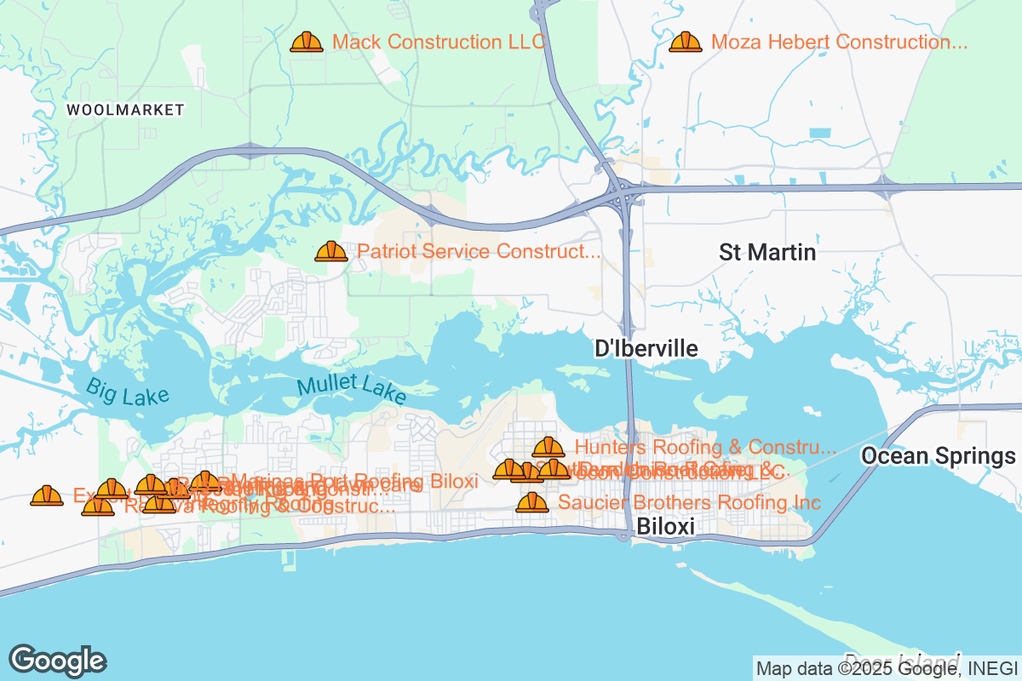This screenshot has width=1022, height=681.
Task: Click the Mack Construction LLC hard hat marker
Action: [x=307, y=43]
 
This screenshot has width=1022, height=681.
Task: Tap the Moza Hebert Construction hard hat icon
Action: [x=686, y=43]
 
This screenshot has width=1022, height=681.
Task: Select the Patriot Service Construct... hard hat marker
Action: [x=331, y=252]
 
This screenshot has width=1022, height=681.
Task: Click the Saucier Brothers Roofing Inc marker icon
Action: [x=532, y=503]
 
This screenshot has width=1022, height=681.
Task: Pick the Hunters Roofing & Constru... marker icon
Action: [x=548, y=448]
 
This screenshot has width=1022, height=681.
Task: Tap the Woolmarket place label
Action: [x=125, y=110]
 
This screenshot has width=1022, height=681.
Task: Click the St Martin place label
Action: [x=767, y=253]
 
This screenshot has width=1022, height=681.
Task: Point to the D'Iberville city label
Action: [x=646, y=349]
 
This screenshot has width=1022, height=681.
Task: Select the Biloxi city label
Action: [x=665, y=528]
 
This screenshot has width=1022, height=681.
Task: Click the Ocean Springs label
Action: [x=938, y=456]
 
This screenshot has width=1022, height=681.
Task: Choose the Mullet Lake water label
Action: [x=352, y=391]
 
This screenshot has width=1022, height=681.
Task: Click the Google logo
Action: [x=57, y=661]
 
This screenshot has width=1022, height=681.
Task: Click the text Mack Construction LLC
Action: [x=439, y=43]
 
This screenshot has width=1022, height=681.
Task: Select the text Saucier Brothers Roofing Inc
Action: [x=689, y=503]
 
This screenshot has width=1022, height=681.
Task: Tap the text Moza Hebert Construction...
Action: [x=839, y=43]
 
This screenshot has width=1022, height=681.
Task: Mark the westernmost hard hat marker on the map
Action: [x=46, y=496]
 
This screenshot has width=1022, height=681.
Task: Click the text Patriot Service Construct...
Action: [x=479, y=252]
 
